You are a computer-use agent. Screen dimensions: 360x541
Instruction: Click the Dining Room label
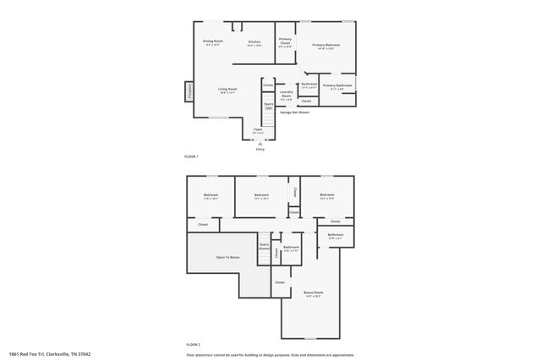[212, 42]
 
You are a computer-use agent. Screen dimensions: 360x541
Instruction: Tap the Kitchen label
[254, 43]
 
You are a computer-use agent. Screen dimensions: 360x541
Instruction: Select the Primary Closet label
[286, 42]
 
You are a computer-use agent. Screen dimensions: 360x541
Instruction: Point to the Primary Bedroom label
[325, 46]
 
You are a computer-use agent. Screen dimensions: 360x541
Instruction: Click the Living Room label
[227, 90]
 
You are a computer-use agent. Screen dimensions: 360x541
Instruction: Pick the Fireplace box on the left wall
[189, 91]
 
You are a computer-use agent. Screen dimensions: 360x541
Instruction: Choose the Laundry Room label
[287, 95]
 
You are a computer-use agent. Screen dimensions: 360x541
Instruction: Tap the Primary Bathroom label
[336, 86]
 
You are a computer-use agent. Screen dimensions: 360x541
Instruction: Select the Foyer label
[258, 132]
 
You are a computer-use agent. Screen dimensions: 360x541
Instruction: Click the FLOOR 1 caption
[191, 157]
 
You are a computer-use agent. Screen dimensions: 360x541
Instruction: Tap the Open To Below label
[227, 257]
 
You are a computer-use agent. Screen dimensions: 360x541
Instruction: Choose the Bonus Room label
[314, 294]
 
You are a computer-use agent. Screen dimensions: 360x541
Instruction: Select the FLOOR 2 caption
[193, 346]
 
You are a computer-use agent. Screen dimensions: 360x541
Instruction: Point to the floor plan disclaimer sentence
[270, 354]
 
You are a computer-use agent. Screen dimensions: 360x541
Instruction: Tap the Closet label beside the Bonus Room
[279, 282]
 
